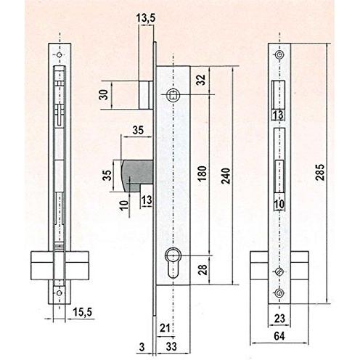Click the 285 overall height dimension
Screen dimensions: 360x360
click(320, 172)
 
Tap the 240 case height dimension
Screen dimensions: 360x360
click(226, 176)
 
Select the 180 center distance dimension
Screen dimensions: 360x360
click(202, 173)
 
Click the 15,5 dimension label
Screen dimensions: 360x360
click(82, 312)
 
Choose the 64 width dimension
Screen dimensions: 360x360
click(279, 336)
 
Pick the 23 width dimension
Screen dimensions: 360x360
click(279, 319)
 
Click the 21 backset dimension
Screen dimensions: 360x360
click(165, 328)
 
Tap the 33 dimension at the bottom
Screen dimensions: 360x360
click(171, 347)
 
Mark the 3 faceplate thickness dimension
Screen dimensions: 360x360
click(142, 347)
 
